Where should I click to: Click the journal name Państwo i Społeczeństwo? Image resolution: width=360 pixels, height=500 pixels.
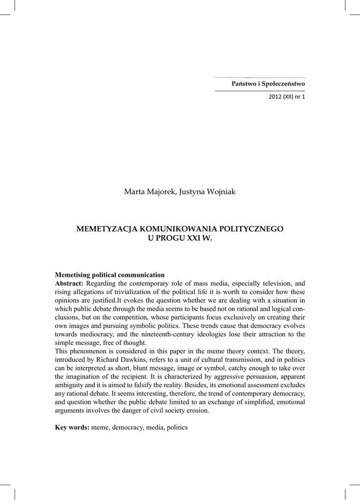pyautogui.click(x=268, y=84)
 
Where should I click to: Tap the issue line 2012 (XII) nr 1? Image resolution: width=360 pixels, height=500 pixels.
pyautogui.click(x=287, y=97)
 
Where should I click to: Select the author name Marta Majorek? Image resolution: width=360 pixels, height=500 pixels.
pyautogui.click(x=150, y=192)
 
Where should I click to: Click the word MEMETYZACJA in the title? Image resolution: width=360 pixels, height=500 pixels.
pyautogui.click(x=107, y=229)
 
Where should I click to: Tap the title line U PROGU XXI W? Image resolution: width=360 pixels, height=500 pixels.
pyautogui.click(x=180, y=238)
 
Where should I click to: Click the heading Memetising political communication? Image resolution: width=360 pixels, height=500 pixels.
pyautogui.click(x=109, y=275)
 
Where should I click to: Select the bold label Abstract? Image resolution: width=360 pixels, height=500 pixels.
pyautogui.click(x=69, y=283)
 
